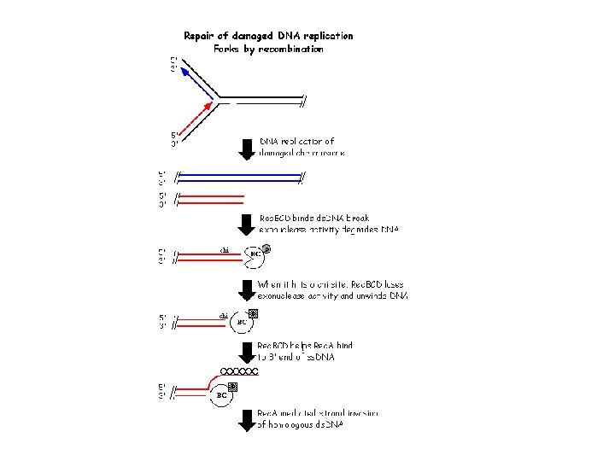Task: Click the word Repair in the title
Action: [202, 36]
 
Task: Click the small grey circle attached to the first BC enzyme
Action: [266, 248]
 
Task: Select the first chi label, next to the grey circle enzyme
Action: [225, 250]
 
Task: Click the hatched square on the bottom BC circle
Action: [232, 387]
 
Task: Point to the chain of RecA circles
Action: [239, 371]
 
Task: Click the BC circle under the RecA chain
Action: [221, 395]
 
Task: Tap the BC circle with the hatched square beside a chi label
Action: [242, 322]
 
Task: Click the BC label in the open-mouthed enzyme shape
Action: [255, 254]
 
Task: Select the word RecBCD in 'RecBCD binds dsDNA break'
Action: [275, 218]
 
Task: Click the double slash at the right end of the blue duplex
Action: [302, 178]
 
